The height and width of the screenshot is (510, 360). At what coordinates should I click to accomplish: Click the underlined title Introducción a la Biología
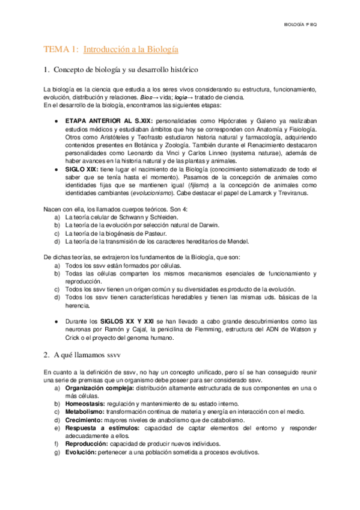(x=130, y=49)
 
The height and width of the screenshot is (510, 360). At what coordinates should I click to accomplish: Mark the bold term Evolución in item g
(x=81, y=452)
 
